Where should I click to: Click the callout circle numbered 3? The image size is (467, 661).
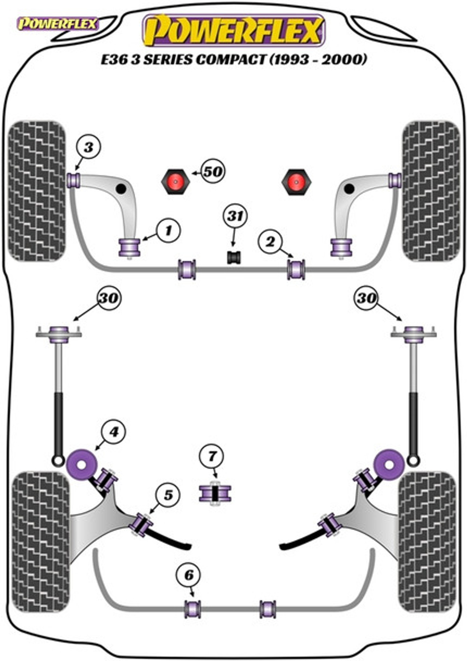[x=89, y=148]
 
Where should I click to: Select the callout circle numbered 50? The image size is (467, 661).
[x=213, y=171]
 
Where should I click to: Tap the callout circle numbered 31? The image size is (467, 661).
[x=235, y=216]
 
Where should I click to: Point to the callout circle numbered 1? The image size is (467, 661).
[x=168, y=231]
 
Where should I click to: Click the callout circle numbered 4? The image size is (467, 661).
[x=114, y=432]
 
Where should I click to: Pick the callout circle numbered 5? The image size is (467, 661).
[x=168, y=495]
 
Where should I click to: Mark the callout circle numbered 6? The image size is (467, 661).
[x=188, y=575]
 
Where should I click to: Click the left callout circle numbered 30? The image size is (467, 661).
[x=109, y=298]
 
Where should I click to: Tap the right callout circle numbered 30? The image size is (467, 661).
[x=366, y=298]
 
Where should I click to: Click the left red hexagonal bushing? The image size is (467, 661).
[x=176, y=182]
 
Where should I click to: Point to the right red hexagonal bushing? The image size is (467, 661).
[x=297, y=182]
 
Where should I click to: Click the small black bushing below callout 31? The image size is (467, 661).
[x=234, y=257]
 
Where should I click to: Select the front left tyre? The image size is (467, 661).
[x=37, y=191]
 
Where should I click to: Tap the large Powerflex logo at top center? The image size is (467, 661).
[x=233, y=30]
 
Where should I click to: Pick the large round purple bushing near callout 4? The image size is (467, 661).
[x=81, y=464]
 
